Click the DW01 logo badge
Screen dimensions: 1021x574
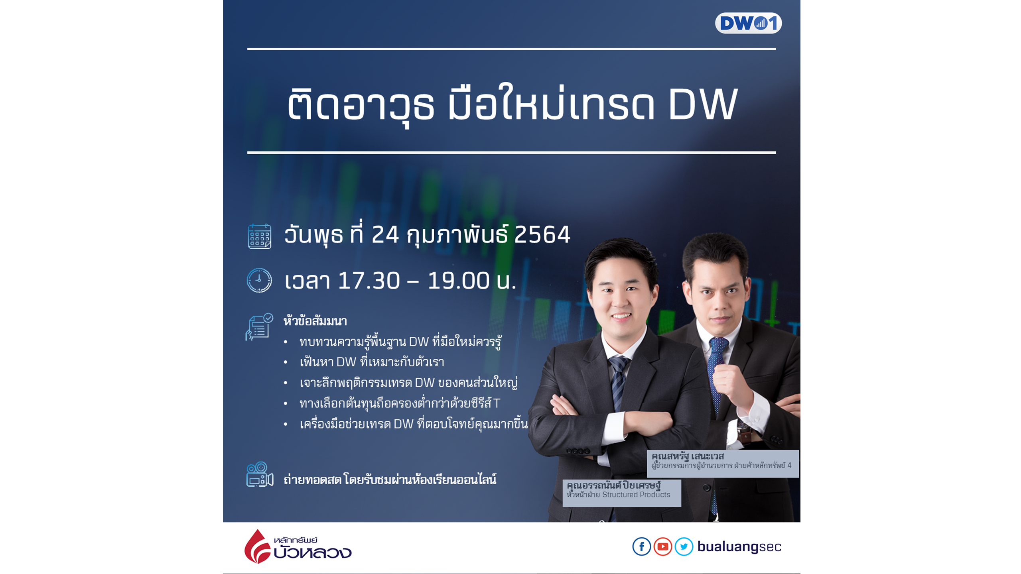pyautogui.click(x=748, y=23)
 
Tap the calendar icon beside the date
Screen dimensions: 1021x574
pyautogui.click(x=260, y=236)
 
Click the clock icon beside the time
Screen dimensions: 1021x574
pyautogui.click(x=259, y=280)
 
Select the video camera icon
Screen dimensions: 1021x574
pyautogui.click(x=260, y=474)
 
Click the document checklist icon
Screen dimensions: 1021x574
pyautogui.click(x=259, y=327)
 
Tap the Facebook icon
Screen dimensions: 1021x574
pyautogui.click(x=641, y=546)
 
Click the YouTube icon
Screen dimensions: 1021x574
pyautogui.click(x=662, y=546)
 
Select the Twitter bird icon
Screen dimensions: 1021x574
pyautogui.click(x=684, y=546)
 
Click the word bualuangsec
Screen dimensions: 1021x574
pyautogui.click(x=739, y=547)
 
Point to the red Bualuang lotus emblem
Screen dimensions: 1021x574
pyautogui.click(x=258, y=546)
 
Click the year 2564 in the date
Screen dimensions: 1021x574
pyautogui.click(x=542, y=235)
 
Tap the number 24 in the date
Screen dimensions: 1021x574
pyautogui.click(x=385, y=235)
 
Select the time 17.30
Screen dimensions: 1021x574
pyautogui.click(x=369, y=281)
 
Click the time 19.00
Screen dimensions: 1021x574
pyautogui.click(x=459, y=281)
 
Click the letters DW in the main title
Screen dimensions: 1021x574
pyautogui.click(x=703, y=104)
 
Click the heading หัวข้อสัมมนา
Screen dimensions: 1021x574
pyautogui.click(x=315, y=321)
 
